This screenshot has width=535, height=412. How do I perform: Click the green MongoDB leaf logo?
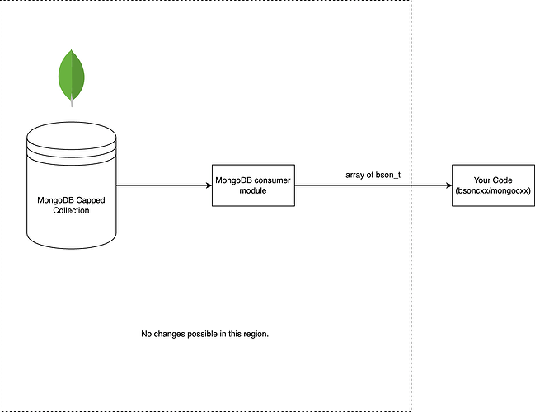(x=72, y=75)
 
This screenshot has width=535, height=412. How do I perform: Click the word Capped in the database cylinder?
(x=89, y=199)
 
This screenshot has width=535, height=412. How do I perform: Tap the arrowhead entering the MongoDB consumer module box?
(x=208, y=185)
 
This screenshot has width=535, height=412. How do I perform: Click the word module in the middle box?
(x=252, y=190)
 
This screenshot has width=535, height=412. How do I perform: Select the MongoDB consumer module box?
(x=253, y=185)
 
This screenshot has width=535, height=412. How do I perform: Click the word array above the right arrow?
(x=357, y=176)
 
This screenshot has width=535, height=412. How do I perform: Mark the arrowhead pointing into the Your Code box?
(x=448, y=185)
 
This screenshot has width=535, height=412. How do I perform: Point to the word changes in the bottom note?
(x=173, y=334)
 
